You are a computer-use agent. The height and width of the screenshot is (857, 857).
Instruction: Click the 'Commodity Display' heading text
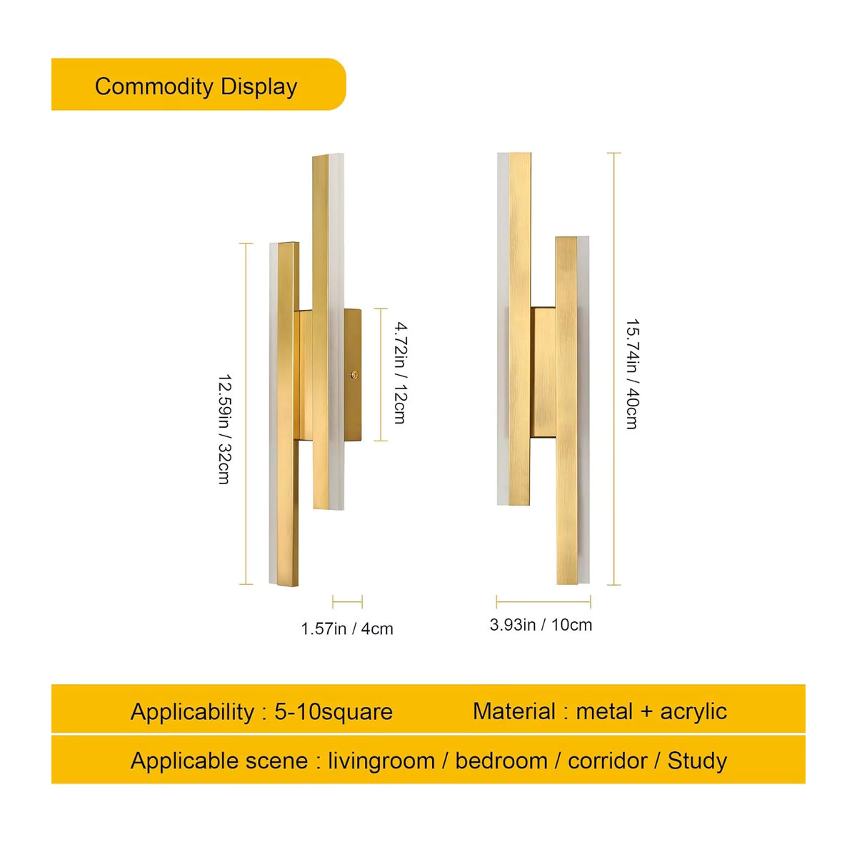tap(196, 86)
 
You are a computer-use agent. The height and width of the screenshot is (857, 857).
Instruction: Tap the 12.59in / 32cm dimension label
tap(224, 430)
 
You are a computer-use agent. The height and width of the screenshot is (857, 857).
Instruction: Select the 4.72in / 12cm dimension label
tap(400, 373)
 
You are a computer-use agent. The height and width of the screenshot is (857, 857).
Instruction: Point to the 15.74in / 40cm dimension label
tap(632, 374)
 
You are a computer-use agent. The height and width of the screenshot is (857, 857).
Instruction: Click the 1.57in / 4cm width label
tap(347, 629)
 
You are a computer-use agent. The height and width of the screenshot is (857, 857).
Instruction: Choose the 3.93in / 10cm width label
tap(541, 625)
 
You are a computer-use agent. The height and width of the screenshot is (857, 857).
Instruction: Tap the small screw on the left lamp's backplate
tap(354, 375)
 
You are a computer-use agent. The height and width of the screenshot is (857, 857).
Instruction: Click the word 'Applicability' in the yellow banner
tap(192, 712)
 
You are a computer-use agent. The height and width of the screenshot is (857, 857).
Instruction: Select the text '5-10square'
tap(334, 712)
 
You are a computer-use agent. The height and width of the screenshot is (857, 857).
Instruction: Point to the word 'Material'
tap(514, 711)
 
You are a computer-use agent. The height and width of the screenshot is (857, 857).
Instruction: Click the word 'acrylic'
tap(693, 712)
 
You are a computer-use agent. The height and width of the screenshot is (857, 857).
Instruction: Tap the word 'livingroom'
tap(381, 761)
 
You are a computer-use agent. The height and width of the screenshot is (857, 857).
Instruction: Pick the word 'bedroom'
tap(501, 761)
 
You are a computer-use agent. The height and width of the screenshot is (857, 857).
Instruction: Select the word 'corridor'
tap(608, 761)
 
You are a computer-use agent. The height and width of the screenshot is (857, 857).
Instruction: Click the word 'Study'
tap(697, 761)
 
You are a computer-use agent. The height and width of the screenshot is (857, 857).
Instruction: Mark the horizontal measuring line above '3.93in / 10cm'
tap(543, 602)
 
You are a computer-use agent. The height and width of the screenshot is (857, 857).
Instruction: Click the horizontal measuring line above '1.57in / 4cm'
tap(347, 602)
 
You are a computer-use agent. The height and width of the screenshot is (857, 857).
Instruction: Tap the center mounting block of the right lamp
tap(543, 372)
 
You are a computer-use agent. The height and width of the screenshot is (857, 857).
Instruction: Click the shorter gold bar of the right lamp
tap(566, 410)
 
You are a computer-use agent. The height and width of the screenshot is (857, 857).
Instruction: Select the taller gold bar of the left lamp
tap(321, 332)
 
